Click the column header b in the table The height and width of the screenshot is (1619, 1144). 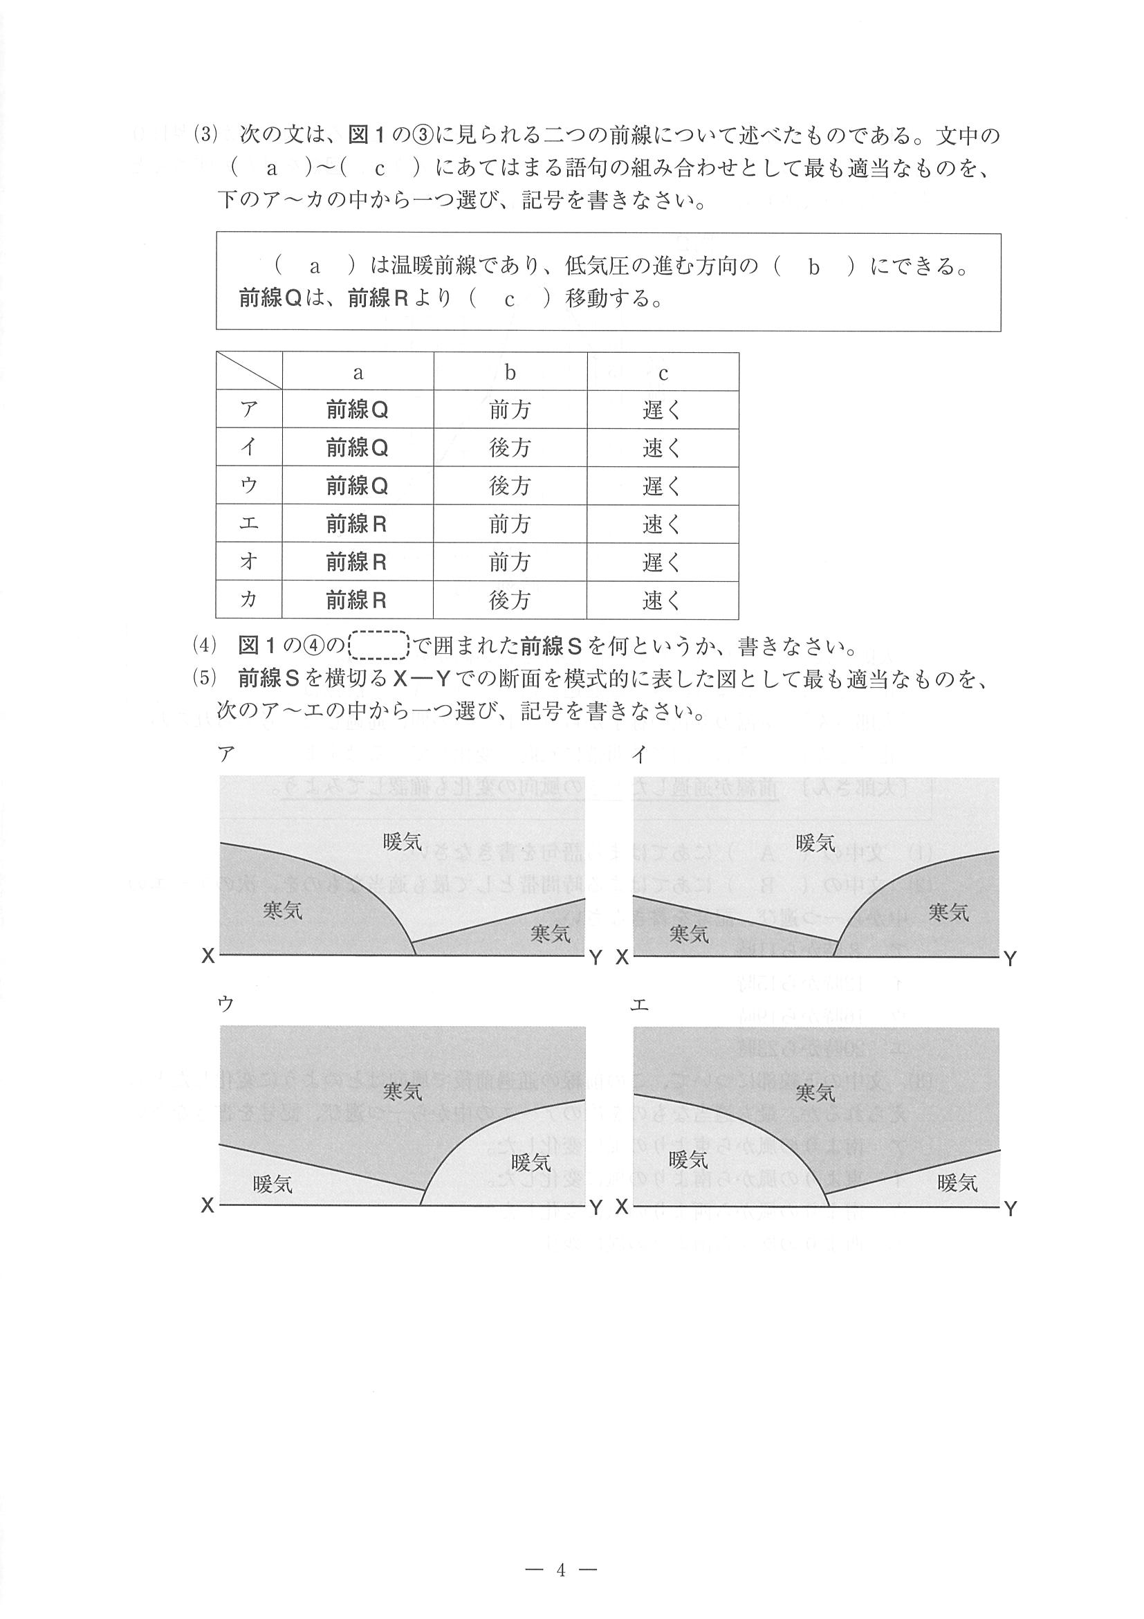tap(510, 372)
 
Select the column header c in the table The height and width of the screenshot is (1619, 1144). tap(663, 372)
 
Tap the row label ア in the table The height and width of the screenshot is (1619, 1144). tap(249, 409)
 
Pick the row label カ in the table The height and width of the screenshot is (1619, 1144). tap(249, 599)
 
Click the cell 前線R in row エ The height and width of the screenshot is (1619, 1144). tap(357, 524)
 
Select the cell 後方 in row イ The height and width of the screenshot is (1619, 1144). tap(510, 448)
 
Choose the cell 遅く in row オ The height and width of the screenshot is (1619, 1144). tap(662, 562)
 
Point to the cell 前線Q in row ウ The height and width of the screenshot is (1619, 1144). tap(357, 486)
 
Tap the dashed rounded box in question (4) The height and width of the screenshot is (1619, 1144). tap(379, 646)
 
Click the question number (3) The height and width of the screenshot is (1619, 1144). tap(207, 135)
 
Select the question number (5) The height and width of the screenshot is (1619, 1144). tap(207, 677)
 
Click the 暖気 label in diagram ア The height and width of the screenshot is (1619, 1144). tap(403, 841)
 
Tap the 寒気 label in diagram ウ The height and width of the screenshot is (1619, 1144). tap(403, 1092)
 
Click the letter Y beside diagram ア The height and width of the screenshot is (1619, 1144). tap(596, 958)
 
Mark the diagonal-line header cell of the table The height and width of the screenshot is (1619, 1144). tap(249, 371)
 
